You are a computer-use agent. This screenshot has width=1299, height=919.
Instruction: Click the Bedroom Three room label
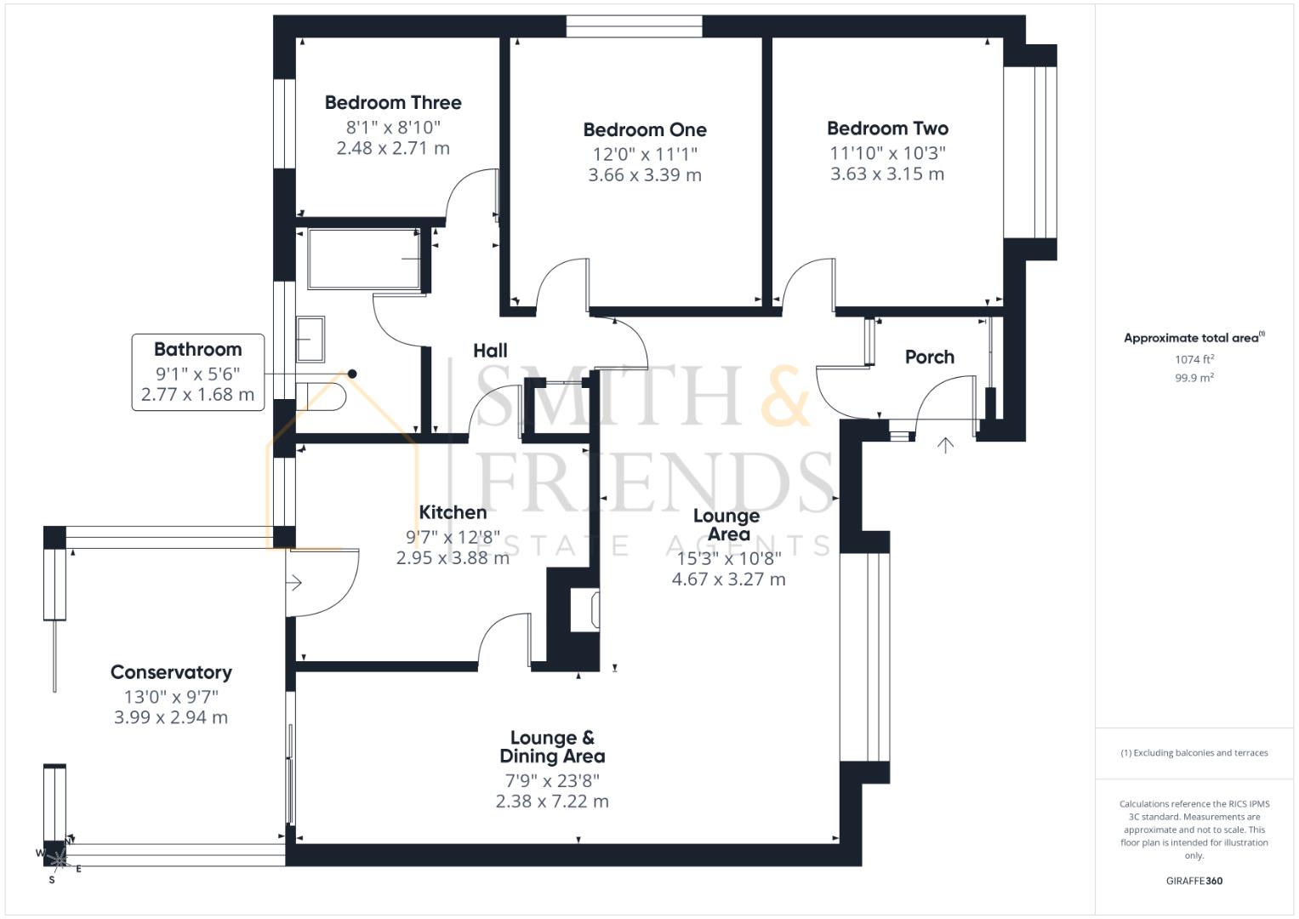[x=393, y=103]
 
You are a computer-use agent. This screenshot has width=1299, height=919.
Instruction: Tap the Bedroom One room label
[x=645, y=130]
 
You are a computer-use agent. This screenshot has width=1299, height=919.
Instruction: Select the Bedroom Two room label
[x=887, y=128]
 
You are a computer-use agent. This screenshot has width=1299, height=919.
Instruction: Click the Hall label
[x=490, y=351]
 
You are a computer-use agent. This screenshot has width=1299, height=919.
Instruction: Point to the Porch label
[x=929, y=357]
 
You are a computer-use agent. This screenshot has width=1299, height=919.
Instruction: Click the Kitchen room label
[x=453, y=512]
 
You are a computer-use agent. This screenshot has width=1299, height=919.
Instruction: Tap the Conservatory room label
[x=171, y=672]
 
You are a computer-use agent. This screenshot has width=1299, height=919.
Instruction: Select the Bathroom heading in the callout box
[x=197, y=350]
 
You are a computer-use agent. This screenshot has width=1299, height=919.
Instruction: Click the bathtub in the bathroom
[x=364, y=259]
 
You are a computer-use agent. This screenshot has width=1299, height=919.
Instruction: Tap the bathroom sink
[x=310, y=339]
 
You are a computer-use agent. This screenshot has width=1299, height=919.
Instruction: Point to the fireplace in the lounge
[x=588, y=609]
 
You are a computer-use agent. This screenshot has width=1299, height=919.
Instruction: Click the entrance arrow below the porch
[x=945, y=445]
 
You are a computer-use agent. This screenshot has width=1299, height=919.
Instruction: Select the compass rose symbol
[x=58, y=858]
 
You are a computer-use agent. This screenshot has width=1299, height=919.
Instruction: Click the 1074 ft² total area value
[x=1194, y=360]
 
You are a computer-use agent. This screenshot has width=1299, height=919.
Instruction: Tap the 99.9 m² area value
[x=1194, y=378]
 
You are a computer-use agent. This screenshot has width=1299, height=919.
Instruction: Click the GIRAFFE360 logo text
[x=1194, y=881]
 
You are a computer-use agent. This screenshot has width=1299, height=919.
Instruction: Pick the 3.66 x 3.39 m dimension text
[x=645, y=175]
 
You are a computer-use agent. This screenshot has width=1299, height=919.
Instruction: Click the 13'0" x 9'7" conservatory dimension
[x=171, y=697]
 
